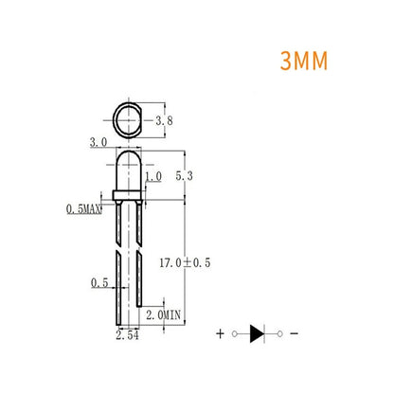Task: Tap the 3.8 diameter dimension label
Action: point(163,121)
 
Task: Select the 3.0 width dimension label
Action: point(98,141)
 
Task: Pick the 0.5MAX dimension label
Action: point(83,207)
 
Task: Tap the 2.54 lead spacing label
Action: point(126,336)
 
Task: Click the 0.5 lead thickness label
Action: point(98,283)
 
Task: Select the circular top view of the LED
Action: point(128,120)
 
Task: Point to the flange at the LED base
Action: point(128,196)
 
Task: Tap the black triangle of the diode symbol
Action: point(257,332)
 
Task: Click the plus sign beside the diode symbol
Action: point(221,333)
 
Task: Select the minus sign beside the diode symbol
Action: point(294,333)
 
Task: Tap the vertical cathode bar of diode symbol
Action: point(264,332)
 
